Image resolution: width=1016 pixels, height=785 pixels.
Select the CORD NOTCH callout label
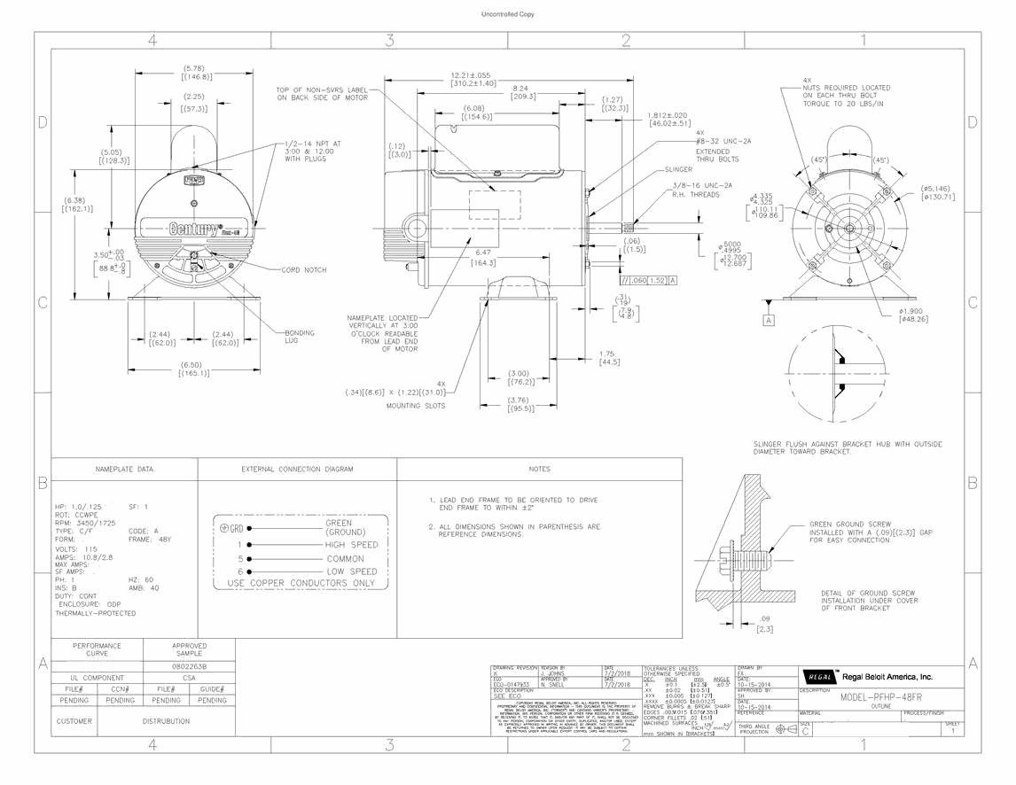pos(304,270)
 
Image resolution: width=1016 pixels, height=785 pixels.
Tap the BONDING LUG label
pos(299,337)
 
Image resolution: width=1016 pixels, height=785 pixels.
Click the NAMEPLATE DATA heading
pos(124,469)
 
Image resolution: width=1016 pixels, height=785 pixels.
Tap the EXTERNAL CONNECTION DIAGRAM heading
pos(297,469)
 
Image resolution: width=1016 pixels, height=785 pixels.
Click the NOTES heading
pos(539,469)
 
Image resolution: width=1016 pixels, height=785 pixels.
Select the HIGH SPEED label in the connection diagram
pos(351,545)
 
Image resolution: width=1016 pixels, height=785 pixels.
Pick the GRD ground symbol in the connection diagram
pos(230,529)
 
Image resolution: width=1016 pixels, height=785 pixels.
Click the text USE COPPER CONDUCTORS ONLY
pos(301,584)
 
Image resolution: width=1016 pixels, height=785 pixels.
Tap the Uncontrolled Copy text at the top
pos(507,15)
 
